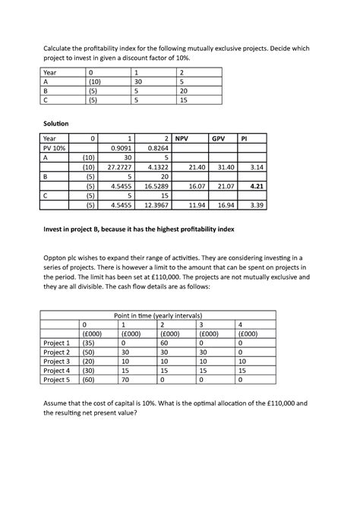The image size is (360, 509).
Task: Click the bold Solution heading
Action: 58,122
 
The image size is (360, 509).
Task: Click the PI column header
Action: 245,140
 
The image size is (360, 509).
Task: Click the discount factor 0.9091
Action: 122,149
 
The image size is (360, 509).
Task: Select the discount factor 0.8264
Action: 157,149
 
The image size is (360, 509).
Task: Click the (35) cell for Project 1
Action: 90,343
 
